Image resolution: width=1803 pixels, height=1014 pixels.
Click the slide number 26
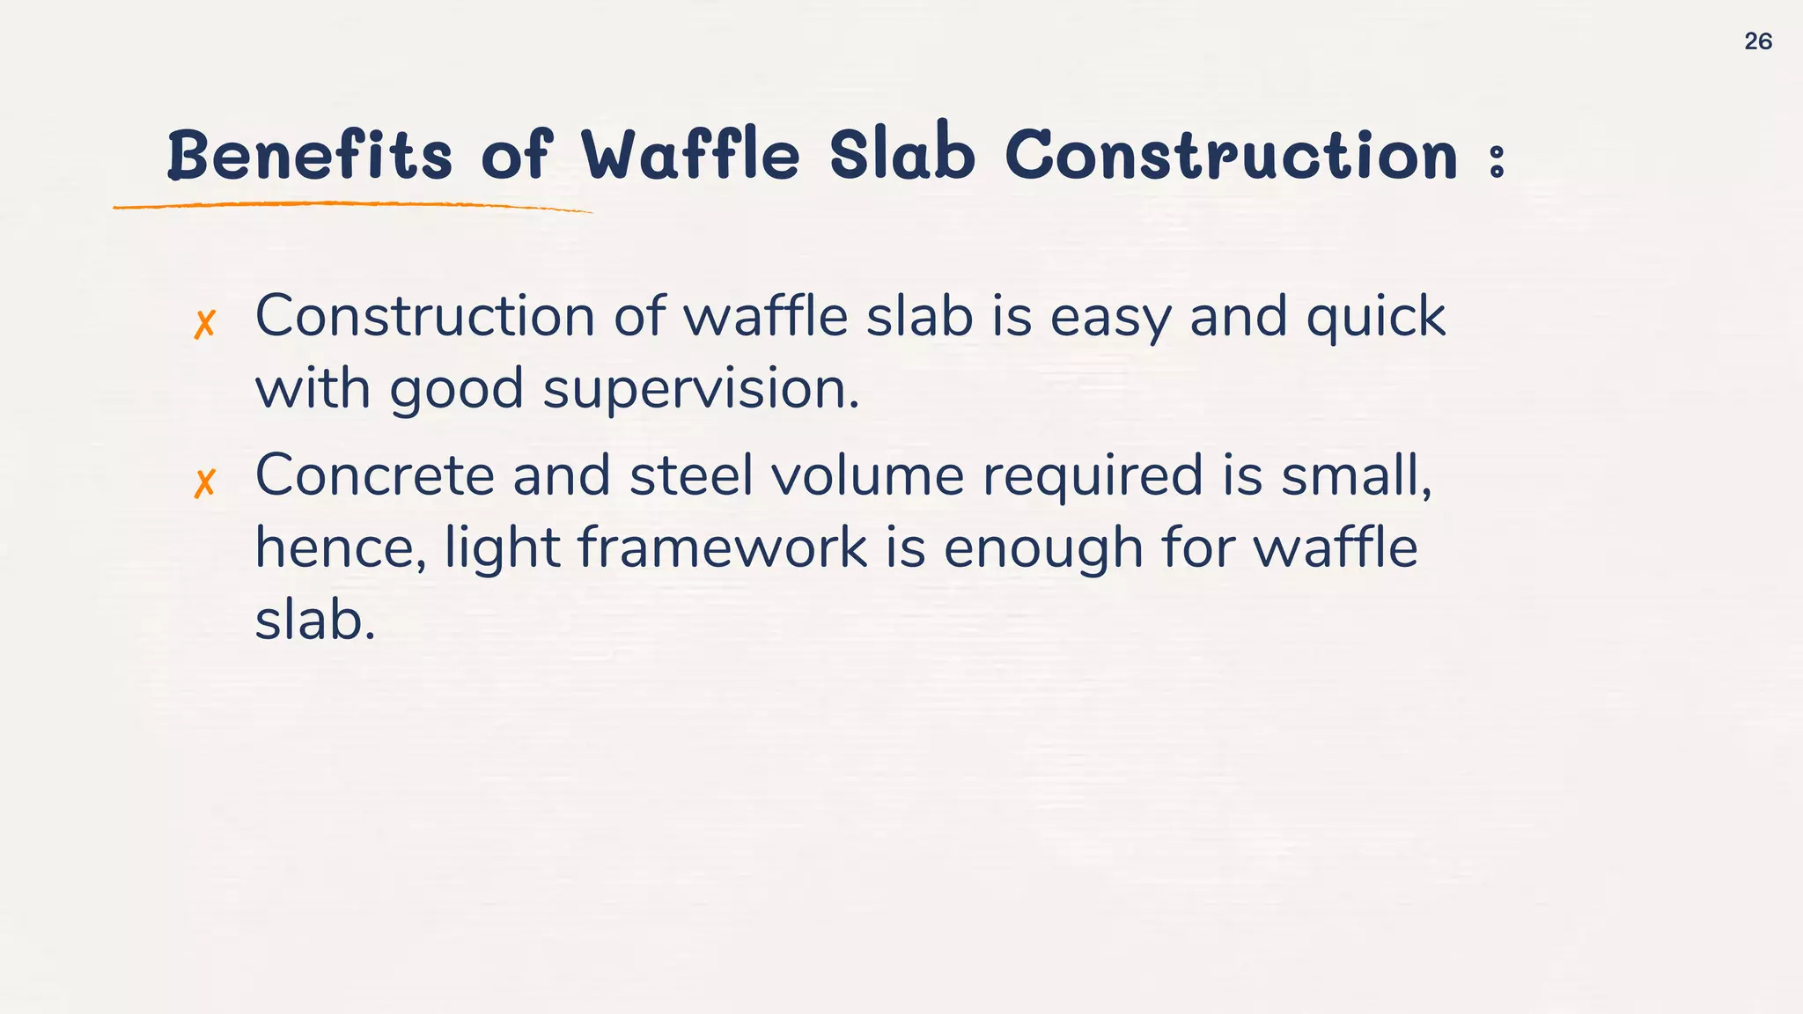tap(1757, 41)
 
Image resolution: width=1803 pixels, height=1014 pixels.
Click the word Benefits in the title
tap(309, 155)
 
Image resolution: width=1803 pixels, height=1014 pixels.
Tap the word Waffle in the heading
tap(691, 155)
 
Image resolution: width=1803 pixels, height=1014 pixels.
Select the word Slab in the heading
tap(902, 155)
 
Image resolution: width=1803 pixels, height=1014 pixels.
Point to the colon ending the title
tap(1496, 161)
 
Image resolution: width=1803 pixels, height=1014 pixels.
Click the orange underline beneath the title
tap(352, 205)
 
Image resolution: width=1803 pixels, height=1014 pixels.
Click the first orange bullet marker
tap(204, 325)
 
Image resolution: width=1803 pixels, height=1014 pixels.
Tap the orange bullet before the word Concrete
tap(204, 483)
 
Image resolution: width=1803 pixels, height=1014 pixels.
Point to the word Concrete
tap(374, 475)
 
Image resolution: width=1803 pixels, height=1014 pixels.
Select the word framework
tap(722, 548)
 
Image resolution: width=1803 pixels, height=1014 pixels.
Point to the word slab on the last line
tap(313, 620)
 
